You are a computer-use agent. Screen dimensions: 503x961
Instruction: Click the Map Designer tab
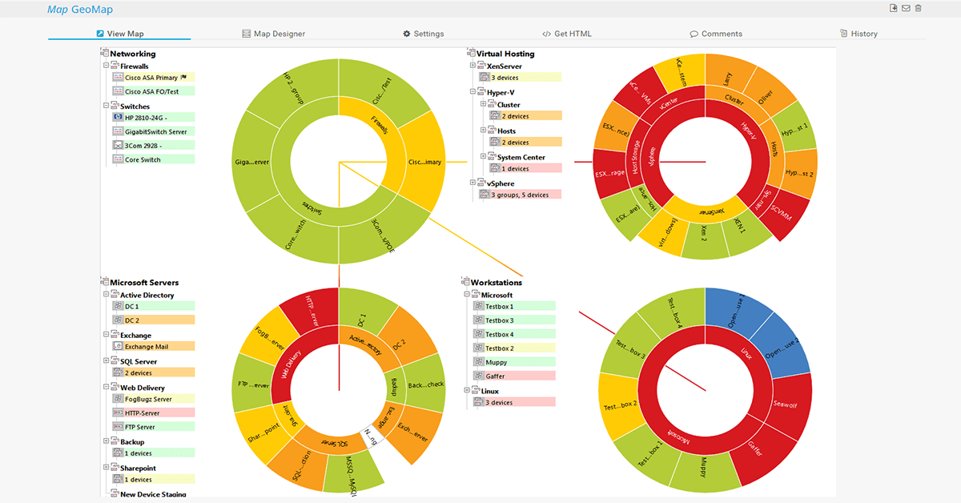[273, 34]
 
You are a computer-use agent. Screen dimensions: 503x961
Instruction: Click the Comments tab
[716, 34]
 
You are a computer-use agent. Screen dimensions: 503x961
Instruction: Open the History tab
[858, 34]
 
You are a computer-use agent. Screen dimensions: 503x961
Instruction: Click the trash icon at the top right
[919, 8]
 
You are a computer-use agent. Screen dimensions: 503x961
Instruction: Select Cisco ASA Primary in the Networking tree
[151, 78]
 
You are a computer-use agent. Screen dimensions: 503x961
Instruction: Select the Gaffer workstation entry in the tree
[495, 376]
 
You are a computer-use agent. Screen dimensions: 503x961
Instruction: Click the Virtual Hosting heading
[505, 54]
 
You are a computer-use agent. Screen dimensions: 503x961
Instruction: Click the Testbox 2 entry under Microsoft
[499, 348]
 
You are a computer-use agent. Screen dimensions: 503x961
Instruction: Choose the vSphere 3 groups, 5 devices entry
[520, 195]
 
